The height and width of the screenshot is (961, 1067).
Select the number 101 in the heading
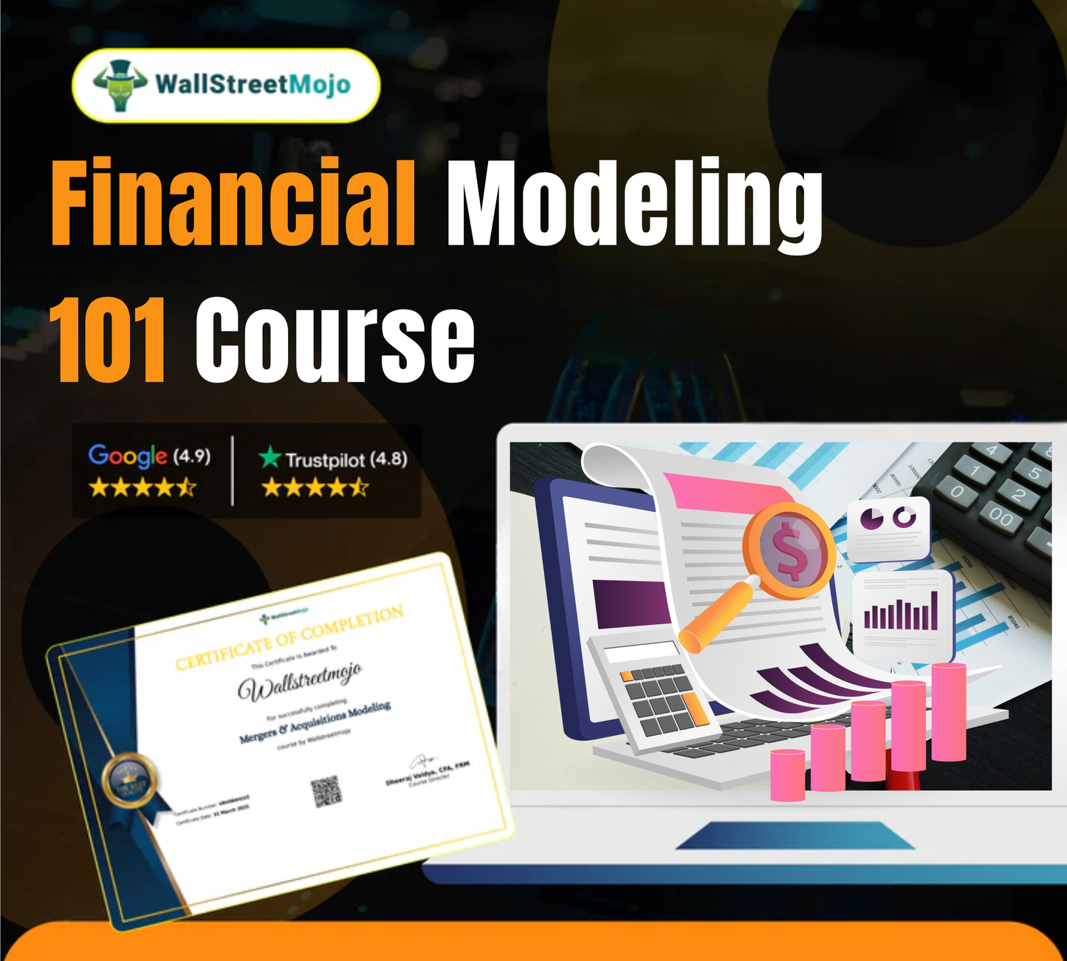click(x=108, y=339)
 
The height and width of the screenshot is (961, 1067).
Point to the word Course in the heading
click(x=334, y=339)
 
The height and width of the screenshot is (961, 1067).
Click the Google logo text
click(x=128, y=456)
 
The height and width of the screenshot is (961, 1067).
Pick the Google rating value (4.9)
click(x=192, y=456)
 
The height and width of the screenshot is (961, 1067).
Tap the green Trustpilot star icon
click(x=270, y=458)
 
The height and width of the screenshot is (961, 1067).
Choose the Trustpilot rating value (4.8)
click(x=388, y=459)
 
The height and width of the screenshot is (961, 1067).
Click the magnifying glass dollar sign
click(x=789, y=550)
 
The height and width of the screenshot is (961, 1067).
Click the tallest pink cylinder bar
click(x=949, y=712)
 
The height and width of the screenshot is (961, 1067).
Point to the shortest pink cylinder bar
click(x=787, y=775)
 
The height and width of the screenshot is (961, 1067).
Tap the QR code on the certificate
click(x=326, y=791)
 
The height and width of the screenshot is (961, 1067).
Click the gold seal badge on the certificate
click(x=129, y=782)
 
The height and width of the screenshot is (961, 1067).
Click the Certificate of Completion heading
click(x=289, y=637)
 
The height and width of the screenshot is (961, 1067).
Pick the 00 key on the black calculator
click(x=1001, y=518)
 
